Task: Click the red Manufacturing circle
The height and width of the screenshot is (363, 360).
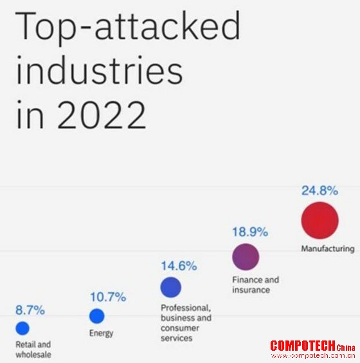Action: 319,220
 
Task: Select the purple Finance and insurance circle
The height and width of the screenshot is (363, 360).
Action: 246,257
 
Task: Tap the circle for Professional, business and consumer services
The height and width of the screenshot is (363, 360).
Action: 171,287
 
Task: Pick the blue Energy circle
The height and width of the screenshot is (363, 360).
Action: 97,316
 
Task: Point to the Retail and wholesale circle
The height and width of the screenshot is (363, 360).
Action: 22,328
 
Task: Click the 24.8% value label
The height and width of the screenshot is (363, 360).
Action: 319,191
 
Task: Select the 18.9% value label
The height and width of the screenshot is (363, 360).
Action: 250,232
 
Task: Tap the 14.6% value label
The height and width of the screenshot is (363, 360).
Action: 179,266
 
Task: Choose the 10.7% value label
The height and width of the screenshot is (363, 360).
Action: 108,297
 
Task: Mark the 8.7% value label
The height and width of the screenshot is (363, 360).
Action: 30,310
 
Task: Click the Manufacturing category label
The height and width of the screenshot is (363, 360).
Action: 328,248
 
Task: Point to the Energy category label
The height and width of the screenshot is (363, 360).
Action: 102,333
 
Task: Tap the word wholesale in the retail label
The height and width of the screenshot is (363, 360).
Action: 33,355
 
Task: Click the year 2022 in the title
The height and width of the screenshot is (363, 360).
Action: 102,115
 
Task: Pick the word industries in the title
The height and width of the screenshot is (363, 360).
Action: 100,70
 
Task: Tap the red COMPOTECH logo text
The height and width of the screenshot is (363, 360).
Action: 303,346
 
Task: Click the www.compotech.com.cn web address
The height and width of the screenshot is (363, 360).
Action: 313,355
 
